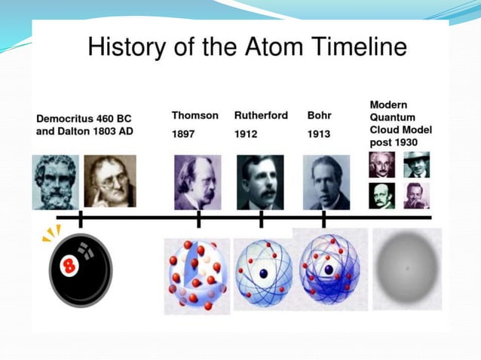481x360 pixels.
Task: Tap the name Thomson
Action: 195,115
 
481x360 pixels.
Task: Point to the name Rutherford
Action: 261,115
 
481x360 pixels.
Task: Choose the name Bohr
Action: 320,115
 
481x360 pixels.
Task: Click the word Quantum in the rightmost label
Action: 391,117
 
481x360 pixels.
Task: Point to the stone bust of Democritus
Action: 54,182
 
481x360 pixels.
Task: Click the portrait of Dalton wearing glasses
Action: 110,182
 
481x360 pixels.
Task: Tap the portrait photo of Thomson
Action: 198,182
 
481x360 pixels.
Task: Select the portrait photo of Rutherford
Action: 260,182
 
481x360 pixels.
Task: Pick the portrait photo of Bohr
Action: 326,182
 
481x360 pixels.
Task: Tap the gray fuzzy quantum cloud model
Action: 407,268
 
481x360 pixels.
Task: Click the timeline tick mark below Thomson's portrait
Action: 198,218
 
